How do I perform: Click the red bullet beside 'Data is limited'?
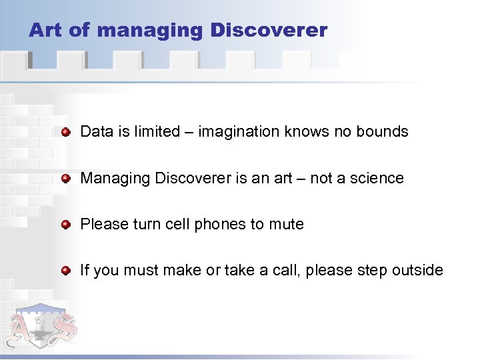[x=65, y=132]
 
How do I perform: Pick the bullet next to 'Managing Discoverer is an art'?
[x=65, y=179]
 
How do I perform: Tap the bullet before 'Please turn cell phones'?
[x=65, y=225]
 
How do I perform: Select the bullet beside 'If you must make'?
[x=65, y=271]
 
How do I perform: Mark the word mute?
[x=286, y=225]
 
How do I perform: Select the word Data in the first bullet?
[x=95, y=131]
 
